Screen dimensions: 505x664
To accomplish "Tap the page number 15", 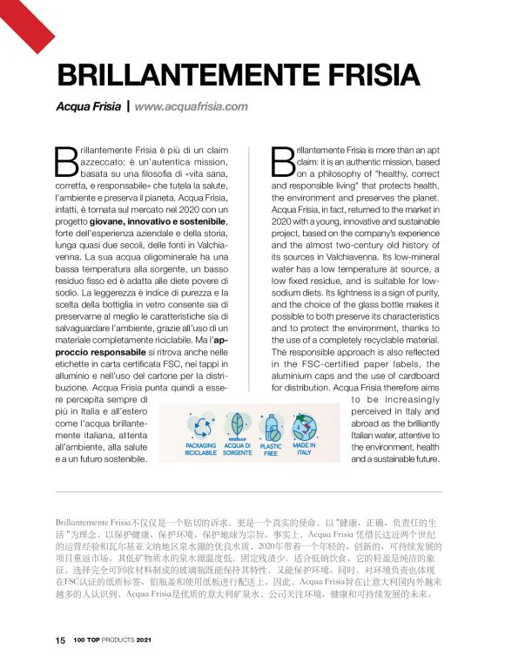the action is [x=60, y=640].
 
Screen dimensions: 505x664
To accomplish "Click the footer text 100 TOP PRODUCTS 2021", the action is [x=113, y=640].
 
